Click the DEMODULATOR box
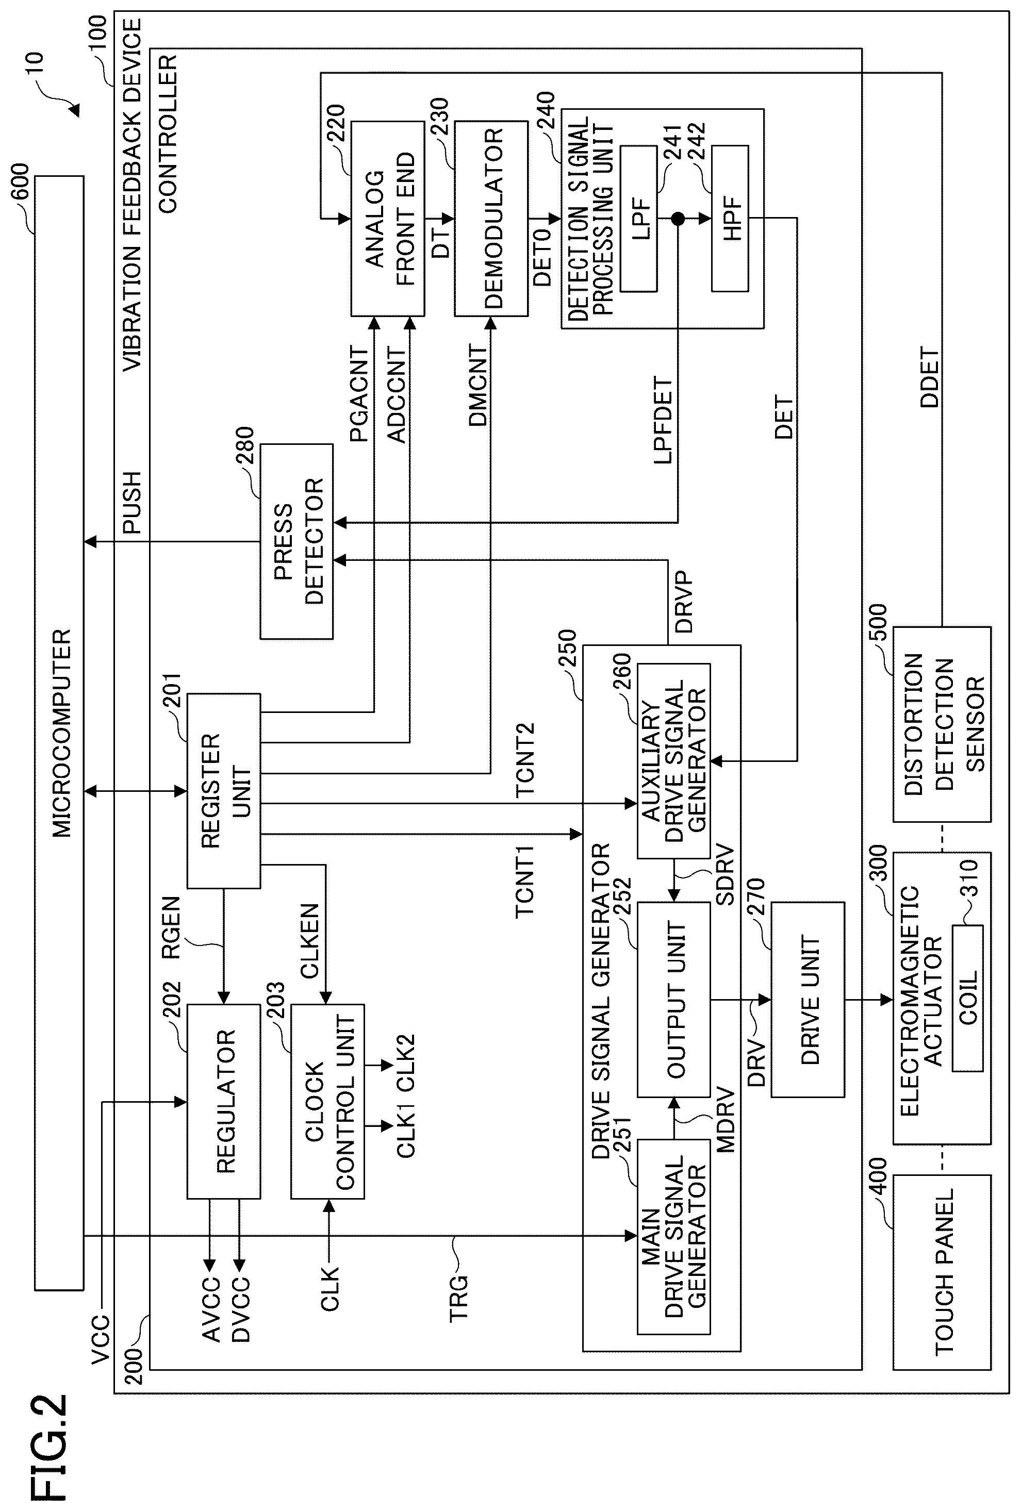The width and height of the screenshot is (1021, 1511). pos(491,219)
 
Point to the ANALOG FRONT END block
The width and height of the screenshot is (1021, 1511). pos(388,219)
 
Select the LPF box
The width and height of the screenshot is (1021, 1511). pos(638,219)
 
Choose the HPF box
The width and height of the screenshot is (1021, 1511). pos(730,219)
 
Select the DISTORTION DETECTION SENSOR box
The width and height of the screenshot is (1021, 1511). pos(942,724)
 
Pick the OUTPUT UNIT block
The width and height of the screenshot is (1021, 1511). pos(674,999)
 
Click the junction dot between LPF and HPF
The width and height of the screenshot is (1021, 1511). pos(678,219)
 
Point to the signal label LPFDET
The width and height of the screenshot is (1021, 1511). pos(663,419)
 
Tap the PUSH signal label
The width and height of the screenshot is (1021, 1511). pos(132,503)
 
